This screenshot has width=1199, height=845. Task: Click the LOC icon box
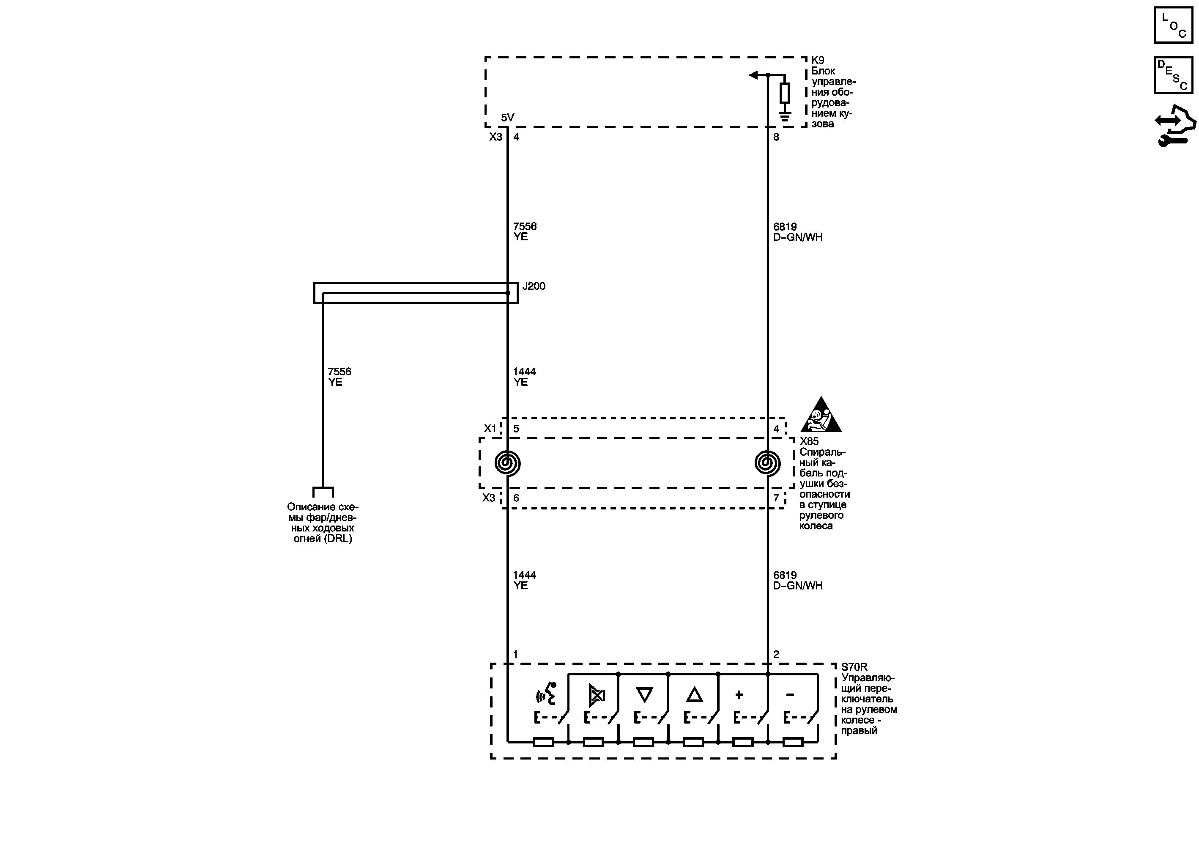coord(1173,25)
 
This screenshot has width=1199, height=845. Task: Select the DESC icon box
coord(1173,75)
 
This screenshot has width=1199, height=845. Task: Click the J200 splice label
coord(534,286)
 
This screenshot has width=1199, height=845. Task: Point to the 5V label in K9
coord(508,118)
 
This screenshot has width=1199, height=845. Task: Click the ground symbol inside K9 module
coord(784,116)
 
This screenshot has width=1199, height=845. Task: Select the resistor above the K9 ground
coord(784,93)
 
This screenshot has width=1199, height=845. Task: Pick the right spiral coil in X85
coord(768,463)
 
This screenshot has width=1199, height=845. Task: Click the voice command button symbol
coord(546,694)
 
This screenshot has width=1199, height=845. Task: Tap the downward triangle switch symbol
coord(644,694)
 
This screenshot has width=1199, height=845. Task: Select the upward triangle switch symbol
coord(694,694)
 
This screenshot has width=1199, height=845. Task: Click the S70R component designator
coord(854,667)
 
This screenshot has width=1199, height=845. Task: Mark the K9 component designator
coord(818,61)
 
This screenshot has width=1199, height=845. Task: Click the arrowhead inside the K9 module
coord(753,75)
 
